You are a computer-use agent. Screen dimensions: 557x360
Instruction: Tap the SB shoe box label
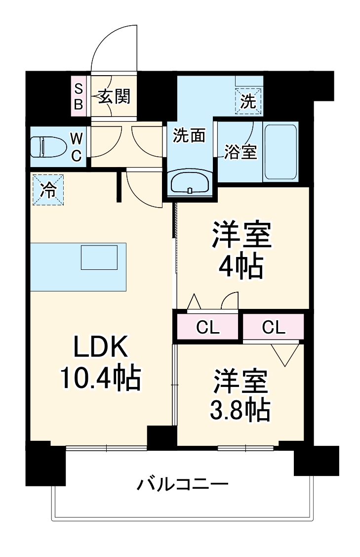[79, 96]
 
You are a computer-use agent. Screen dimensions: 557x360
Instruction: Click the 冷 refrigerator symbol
[48, 189]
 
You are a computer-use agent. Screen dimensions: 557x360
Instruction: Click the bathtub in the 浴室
[280, 152]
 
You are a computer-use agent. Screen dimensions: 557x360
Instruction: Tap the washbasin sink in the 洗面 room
[190, 184]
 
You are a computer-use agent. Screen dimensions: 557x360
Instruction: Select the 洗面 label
[189, 135]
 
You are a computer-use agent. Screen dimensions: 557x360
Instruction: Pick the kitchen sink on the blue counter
[99, 257]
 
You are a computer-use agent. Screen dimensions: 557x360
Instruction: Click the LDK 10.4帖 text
[101, 365]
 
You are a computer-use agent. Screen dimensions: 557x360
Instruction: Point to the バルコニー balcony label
[182, 483]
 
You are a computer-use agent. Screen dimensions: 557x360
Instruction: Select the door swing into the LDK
[141, 188]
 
